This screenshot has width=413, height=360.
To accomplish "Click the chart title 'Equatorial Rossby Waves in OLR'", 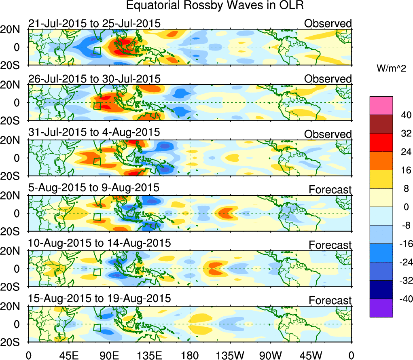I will click(x=215, y=6).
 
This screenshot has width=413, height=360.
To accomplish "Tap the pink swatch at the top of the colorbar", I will click(x=381, y=105).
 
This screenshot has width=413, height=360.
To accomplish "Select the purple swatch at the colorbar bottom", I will click(x=381, y=308).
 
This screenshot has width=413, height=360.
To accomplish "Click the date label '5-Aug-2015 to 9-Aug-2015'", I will click(x=93, y=188).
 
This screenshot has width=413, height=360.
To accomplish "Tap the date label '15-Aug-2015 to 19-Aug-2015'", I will click(x=99, y=299).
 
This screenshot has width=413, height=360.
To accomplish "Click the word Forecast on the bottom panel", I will click(x=330, y=301).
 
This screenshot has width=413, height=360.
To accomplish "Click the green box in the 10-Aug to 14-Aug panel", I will click(x=97, y=272).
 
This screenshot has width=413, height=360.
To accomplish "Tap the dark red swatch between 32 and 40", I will click(x=381, y=124).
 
